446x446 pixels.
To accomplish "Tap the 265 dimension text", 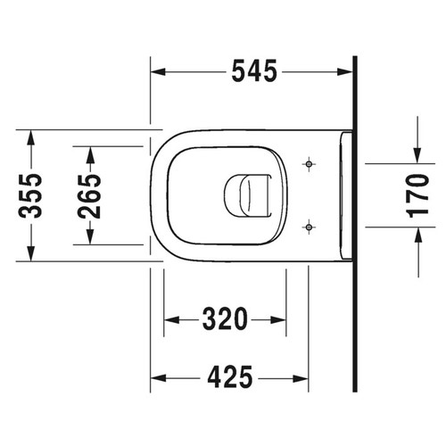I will (x=90, y=195).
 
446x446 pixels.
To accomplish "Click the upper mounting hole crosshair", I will (x=308, y=165).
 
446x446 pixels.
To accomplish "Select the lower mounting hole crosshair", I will (x=308, y=227).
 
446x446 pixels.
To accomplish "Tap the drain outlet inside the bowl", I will (x=246, y=195).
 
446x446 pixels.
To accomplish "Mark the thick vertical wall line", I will (x=355, y=223).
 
